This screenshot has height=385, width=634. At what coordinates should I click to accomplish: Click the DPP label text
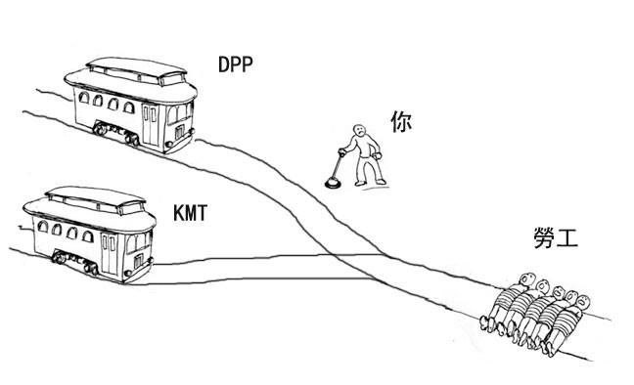[236, 64]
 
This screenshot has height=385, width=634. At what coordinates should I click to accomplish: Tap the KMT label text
[190, 213]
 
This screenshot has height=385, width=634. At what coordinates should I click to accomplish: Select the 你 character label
[401, 121]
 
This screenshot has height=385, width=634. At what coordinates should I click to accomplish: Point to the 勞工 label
[556, 238]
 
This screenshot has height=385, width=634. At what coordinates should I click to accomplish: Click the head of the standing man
[359, 130]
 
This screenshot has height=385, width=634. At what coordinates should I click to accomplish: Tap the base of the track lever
[333, 184]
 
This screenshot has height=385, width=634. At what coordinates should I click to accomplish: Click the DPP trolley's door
[150, 124]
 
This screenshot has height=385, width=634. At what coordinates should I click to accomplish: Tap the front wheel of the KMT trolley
[91, 269]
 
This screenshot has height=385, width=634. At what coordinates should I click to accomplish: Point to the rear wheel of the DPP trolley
[100, 129]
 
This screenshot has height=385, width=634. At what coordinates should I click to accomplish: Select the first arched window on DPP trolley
[84, 98]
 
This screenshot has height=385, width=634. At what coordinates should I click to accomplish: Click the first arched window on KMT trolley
[42, 227]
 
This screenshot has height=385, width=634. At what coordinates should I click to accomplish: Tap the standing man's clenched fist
[379, 154]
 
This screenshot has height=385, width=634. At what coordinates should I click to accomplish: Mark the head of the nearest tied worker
[581, 302]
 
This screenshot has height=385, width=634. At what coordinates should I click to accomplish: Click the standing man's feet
[370, 183]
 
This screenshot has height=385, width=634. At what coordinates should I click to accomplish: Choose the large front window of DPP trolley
[178, 113]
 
